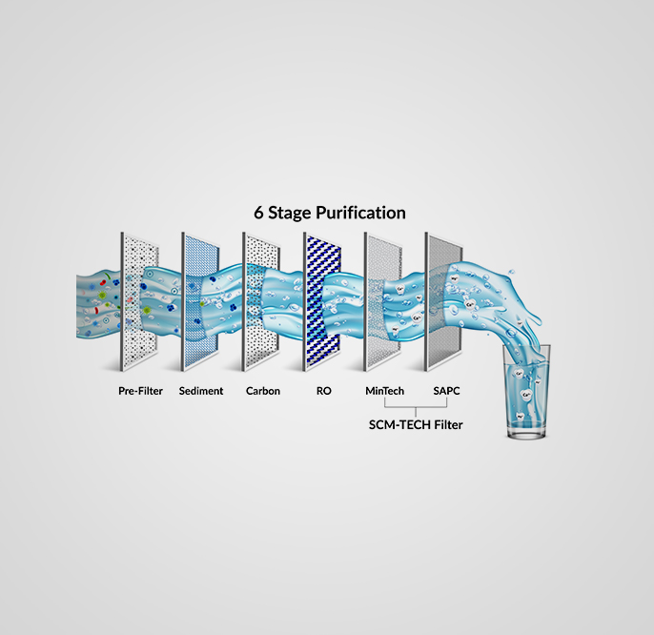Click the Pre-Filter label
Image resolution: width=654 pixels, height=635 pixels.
pos(140,391)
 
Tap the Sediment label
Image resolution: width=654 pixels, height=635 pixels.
pos(201,391)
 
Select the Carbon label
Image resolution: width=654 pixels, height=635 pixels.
pos(263,391)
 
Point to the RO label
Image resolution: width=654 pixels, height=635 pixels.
pos(324,391)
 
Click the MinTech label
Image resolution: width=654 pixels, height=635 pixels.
pos(384,391)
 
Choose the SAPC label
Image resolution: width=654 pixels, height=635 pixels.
pos(446,391)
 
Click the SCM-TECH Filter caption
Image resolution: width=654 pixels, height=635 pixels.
pos(416,424)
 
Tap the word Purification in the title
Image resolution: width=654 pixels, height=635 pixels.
pos(360,213)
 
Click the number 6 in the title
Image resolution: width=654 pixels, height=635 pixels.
pos(258,213)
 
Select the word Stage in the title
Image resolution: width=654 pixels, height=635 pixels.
pos(290,214)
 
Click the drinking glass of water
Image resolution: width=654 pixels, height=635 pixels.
pos(526,391)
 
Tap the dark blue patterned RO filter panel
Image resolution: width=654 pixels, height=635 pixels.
pos(322,301)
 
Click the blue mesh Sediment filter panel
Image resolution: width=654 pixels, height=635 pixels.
pos(200,301)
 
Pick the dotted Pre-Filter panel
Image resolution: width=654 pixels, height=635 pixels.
pos(140,301)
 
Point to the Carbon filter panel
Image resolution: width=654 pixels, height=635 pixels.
pos(261,301)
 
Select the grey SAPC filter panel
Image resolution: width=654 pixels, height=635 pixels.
pos(444,301)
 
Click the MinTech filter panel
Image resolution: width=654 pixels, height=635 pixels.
pos(383,301)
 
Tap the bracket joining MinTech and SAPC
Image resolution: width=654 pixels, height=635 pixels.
pos(416,407)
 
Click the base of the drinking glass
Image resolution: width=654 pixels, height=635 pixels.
pos(526,433)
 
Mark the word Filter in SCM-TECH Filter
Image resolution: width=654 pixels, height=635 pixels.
pos(448,424)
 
